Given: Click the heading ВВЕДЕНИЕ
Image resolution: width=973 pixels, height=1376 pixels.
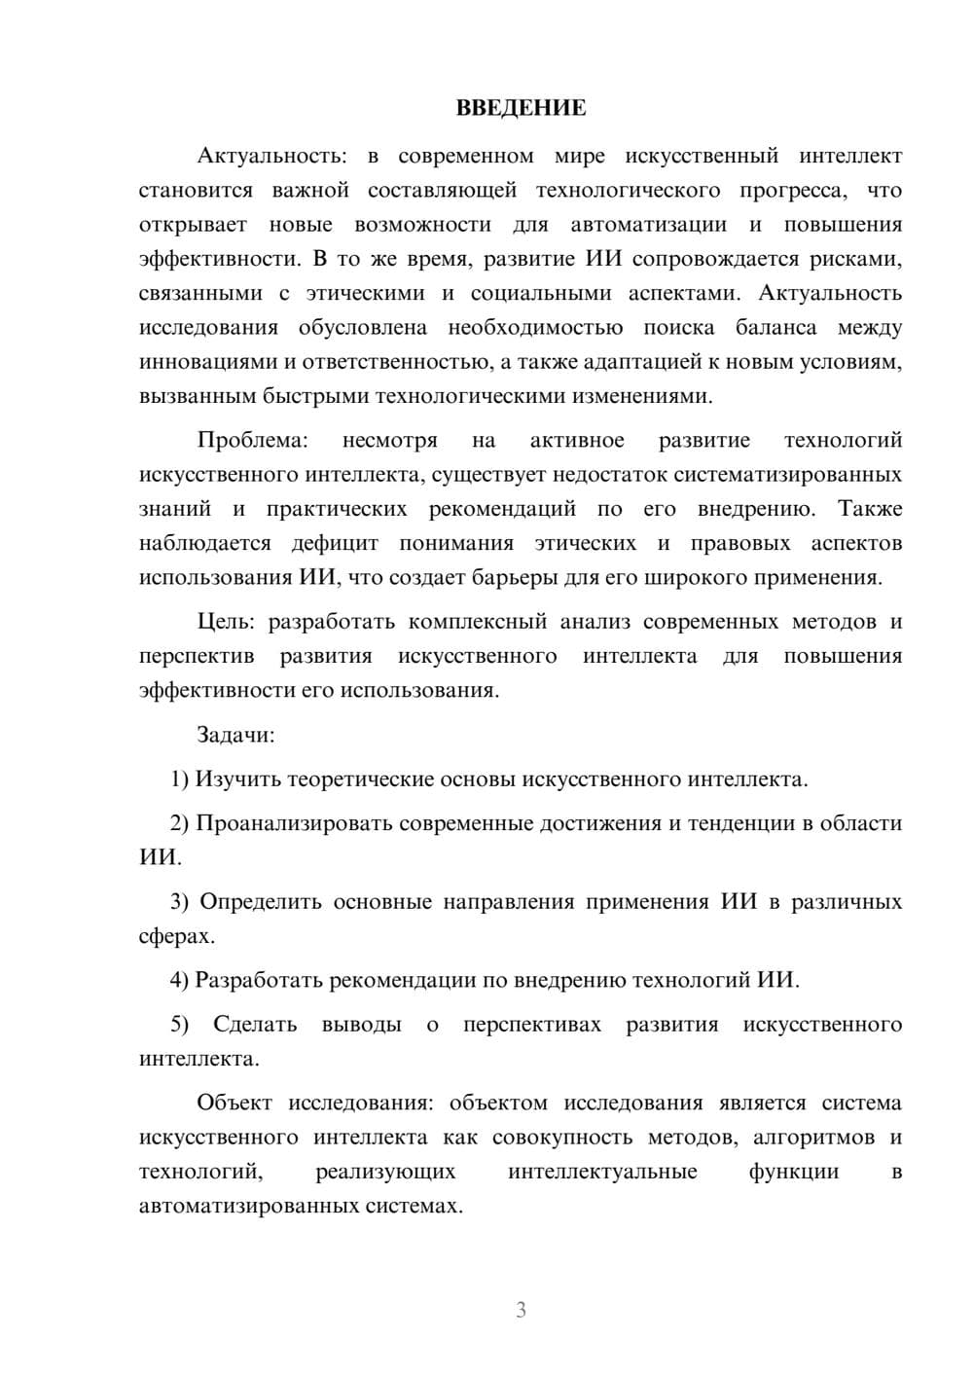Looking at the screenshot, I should click(521, 108).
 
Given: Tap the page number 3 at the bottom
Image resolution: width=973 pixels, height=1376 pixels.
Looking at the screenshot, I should click(521, 1310).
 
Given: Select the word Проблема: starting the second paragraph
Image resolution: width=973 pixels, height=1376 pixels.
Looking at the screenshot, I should click(252, 441).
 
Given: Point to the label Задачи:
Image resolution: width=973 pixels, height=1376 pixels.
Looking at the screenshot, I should click(235, 735).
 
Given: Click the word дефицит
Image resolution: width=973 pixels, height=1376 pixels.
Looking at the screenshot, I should click(335, 543).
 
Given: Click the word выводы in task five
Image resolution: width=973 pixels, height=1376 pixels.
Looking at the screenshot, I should click(361, 1025).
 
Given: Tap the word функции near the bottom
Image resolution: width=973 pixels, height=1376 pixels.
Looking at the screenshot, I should click(793, 1172).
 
